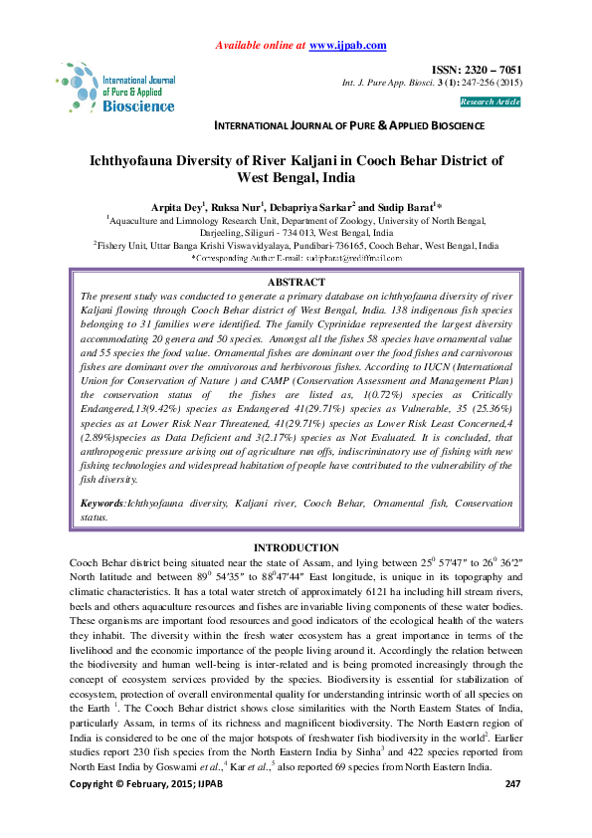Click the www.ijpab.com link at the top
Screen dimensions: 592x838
[x=348, y=46]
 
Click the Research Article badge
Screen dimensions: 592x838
[x=490, y=102]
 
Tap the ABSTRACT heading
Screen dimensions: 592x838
[x=296, y=283]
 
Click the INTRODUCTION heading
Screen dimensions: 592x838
[x=296, y=548]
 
